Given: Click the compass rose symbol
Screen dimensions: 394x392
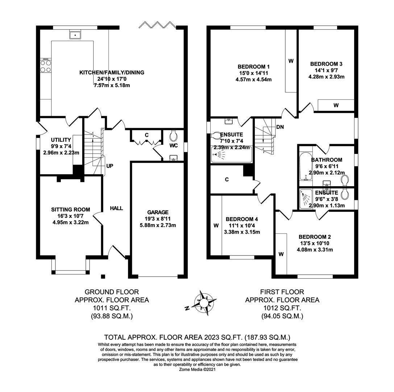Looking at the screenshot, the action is pos(204,303).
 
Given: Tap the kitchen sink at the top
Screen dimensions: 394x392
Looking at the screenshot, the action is pos(75,35).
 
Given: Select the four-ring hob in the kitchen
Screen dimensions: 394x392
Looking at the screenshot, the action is pos(46,66).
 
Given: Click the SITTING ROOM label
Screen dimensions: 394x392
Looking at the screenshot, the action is pos(71,209).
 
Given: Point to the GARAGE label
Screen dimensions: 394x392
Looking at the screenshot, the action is pos(158,212).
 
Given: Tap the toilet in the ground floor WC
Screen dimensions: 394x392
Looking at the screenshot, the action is pos(173,136).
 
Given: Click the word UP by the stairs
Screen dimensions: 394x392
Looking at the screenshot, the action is pos(109,166).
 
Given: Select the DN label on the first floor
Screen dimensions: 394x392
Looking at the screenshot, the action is pos(280,127).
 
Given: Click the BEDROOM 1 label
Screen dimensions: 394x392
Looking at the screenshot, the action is pos(253,67).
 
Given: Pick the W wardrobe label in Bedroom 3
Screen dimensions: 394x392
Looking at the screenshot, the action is pos(336,105).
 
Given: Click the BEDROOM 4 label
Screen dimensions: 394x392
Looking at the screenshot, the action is pos(242,219).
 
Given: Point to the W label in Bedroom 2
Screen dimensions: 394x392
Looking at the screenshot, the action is pos(281,254).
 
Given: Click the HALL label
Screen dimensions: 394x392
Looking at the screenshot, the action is pos(116,208).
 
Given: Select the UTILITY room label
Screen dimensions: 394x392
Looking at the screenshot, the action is pos(61,140).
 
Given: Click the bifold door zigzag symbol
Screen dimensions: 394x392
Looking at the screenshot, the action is pos(157,25).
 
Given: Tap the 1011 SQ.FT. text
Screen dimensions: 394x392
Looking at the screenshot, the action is pos(112,308).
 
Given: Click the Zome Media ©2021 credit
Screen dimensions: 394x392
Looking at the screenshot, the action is pos(197,369).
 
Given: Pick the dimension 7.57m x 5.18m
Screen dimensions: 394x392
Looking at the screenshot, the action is pos(112,85).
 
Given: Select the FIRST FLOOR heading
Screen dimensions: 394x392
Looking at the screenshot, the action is pos(282,292).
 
